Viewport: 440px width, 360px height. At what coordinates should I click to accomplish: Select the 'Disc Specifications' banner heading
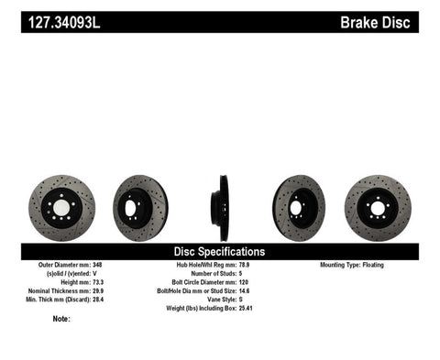click(219, 251)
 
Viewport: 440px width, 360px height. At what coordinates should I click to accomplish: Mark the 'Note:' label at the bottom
click(61, 319)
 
